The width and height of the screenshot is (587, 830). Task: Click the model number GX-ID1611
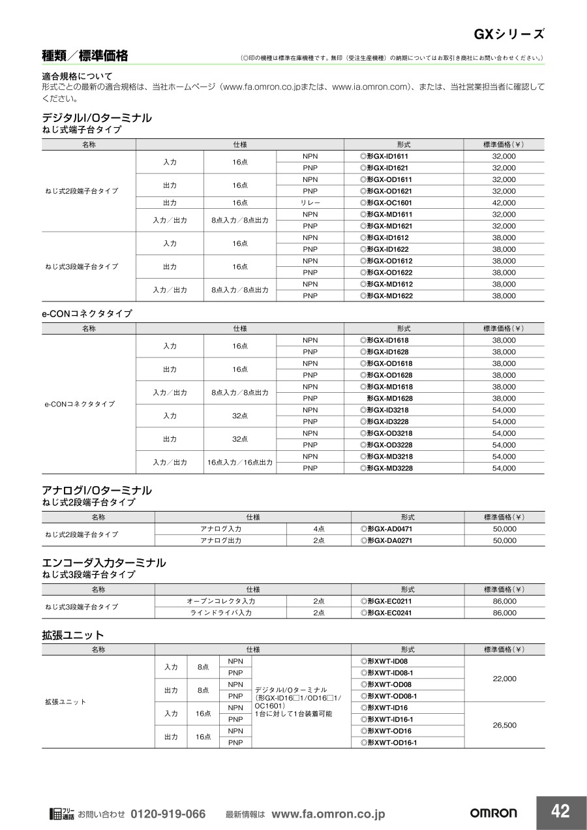[x=387, y=157]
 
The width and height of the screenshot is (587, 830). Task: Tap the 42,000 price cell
[x=504, y=203]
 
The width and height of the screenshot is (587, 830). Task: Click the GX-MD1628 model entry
[x=389, y=399]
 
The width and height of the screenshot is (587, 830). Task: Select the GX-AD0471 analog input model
[x=389, y=529]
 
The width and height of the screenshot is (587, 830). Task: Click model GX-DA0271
[x=389, y=541]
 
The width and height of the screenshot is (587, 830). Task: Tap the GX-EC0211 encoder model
[x=389, y=601]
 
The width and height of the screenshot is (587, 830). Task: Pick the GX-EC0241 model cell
[x=389, y=613]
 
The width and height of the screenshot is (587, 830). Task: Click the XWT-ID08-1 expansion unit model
[x=390, y=673]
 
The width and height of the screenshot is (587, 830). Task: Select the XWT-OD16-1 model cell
[x=391, y=743]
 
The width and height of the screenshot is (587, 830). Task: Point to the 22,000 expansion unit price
[x=504, y=679]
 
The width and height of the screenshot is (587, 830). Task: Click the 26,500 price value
[x=504, y=725]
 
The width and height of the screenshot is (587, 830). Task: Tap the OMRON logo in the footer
[x=494, y=813]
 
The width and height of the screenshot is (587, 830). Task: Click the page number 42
[x=560, y=811]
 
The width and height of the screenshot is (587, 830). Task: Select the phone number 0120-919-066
[x=168, y=814]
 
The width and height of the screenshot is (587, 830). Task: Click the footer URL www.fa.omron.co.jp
[x=328, y=814]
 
